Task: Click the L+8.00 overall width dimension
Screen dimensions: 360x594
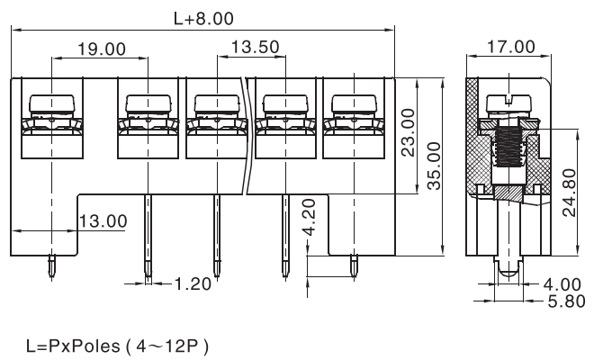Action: (x=204, y=17)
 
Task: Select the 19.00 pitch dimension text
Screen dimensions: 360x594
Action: (x=101, y=49)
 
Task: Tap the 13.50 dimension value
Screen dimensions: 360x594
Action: (x=255, y=46)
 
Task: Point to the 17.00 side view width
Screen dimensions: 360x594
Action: (x=510, y=47)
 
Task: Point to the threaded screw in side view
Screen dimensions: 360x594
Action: (x=510, y=148)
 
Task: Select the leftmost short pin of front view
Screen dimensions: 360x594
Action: (x=53, y=265)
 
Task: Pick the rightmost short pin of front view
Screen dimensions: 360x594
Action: (x=354, y=265)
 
